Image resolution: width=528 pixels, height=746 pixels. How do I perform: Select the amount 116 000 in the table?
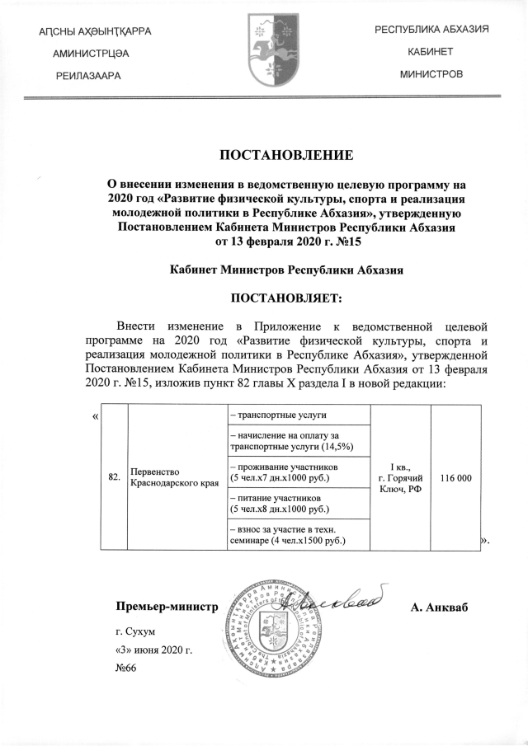click(456, 478)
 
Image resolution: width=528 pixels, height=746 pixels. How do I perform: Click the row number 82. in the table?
click(114, 477)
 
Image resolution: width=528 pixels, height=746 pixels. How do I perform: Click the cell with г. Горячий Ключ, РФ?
click(401, 478)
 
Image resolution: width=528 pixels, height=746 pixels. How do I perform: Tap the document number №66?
click(126, 668)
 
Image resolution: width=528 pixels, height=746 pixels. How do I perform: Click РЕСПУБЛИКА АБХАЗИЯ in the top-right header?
click(432, 30)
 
